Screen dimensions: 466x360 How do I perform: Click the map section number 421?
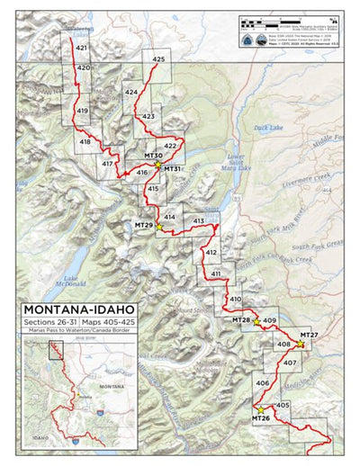click(81, 48)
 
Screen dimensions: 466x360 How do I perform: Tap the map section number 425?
click(158, 59)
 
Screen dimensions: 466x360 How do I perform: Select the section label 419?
click(82, 111)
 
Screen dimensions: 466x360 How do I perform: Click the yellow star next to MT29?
click(159, 227)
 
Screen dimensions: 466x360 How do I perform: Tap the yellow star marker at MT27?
click(300, 344)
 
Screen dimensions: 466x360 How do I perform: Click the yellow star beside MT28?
click(256, 320)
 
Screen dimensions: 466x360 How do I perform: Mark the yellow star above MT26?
click(261, 410)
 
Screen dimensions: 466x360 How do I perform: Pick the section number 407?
click(289, 363)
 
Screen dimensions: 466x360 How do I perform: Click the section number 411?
click(216, 273)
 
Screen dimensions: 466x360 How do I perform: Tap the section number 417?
click(107, 164)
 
